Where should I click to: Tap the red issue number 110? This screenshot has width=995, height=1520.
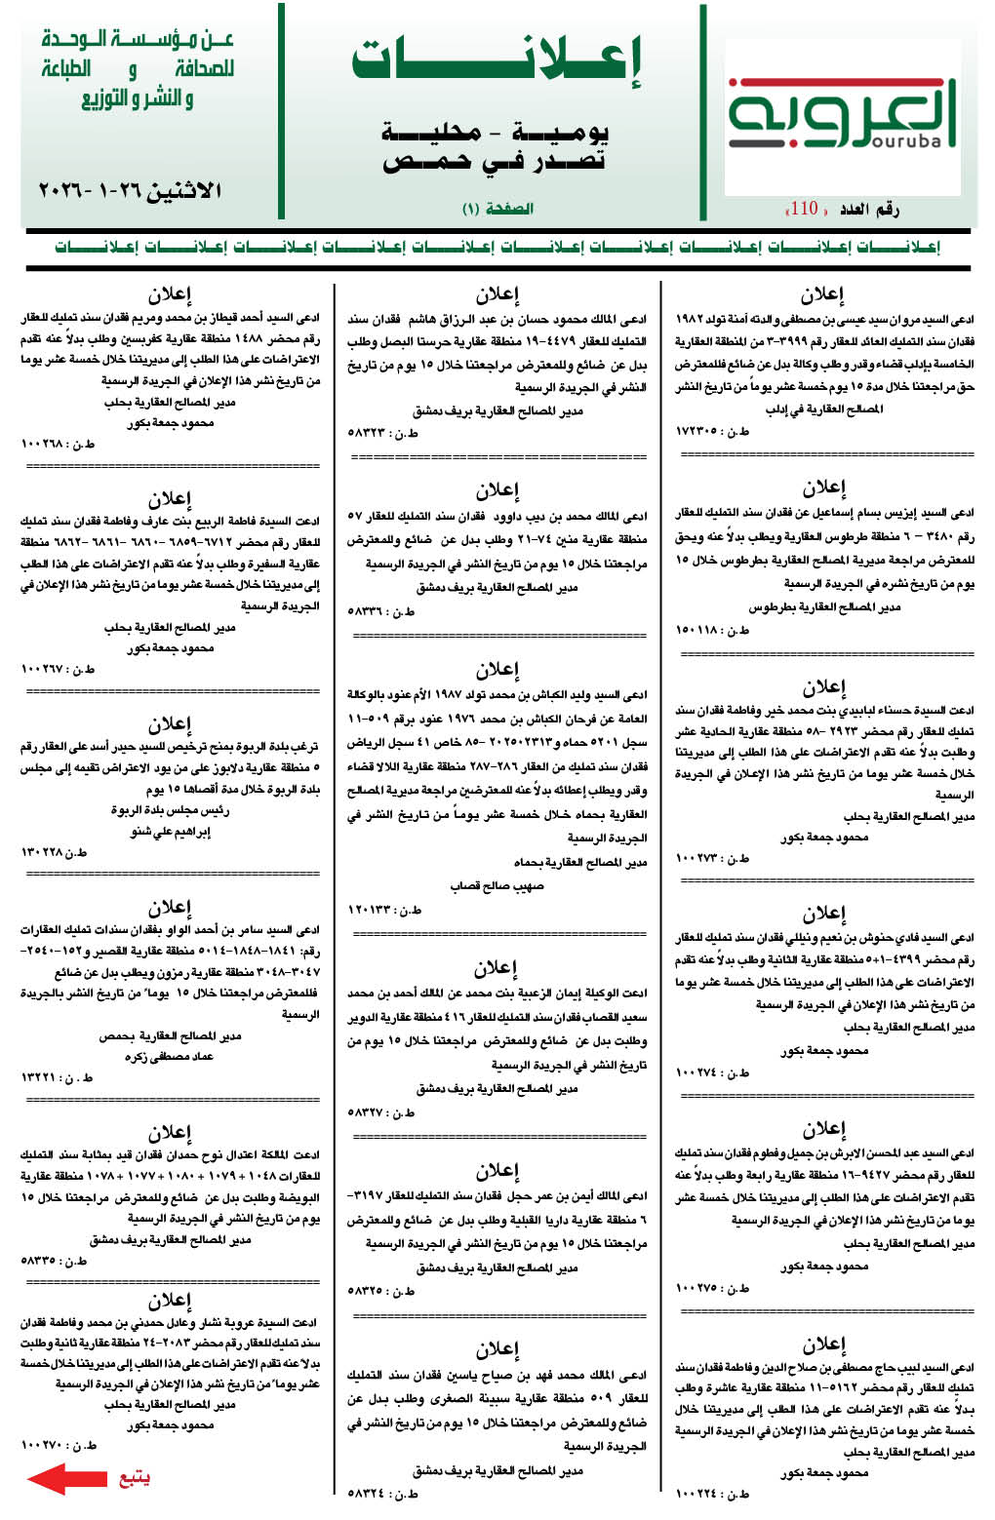pos(804,209)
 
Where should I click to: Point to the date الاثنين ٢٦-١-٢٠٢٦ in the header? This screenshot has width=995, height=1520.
pos(131,190)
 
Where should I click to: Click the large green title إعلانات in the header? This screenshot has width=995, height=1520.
pos(497,60)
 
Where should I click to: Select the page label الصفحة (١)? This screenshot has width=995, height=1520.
pos(497,209)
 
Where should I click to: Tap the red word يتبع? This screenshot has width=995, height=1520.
pos(134,1478)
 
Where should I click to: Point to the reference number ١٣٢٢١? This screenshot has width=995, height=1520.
pos(43,1077)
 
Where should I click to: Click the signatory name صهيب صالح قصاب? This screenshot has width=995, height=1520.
pos(497,886)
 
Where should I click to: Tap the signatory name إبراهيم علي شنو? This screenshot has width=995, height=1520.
pos(171,832)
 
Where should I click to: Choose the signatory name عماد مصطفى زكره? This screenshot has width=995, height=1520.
pos(169,1057)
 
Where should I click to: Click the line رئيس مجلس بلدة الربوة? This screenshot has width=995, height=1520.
pos(170,810)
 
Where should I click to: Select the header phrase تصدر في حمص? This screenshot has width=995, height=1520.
pos(496,162)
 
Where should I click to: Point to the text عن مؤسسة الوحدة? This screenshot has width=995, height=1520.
pos(138,40)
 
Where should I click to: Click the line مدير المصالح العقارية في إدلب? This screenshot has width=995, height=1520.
pos(824,409)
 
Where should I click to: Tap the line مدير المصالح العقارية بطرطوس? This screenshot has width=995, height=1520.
pos(824,607)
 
